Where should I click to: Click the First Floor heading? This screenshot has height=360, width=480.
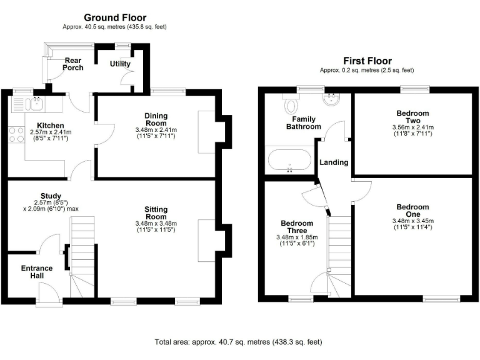tap(367, 61)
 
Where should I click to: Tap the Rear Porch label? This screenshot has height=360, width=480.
tap(73, 65)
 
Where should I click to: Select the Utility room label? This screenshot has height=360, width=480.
tap(120, 64)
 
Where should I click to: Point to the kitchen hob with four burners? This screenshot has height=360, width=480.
tap(16, 135)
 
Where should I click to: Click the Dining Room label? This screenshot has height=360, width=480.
tap(156, 119)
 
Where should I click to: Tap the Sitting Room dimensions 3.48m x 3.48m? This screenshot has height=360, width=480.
tap(156, 224)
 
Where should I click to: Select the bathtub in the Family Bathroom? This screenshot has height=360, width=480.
tap(289, 160)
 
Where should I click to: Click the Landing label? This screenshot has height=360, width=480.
tap(334, 162)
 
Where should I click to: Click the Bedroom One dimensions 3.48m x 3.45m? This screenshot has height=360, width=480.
tap(412, 221)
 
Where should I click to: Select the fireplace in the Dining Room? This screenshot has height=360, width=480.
tap(206, 132)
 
